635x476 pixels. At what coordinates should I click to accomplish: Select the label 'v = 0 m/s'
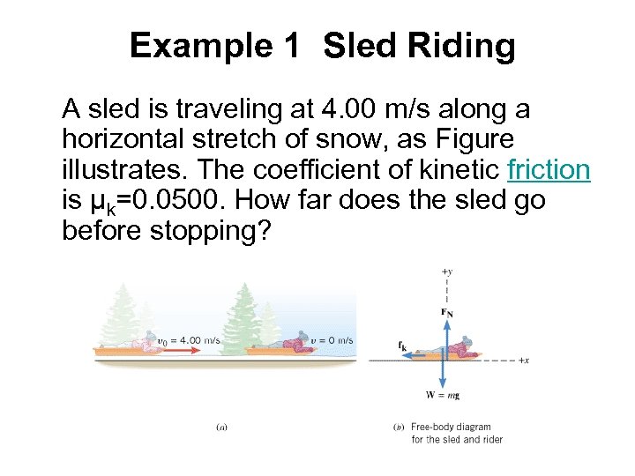[x=332, y=340]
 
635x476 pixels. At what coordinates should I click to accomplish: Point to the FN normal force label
[x=447, y=311]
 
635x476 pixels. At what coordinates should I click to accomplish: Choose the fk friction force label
[x=403, y=346]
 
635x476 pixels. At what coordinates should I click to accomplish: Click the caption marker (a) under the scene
[x=222, y=428]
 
